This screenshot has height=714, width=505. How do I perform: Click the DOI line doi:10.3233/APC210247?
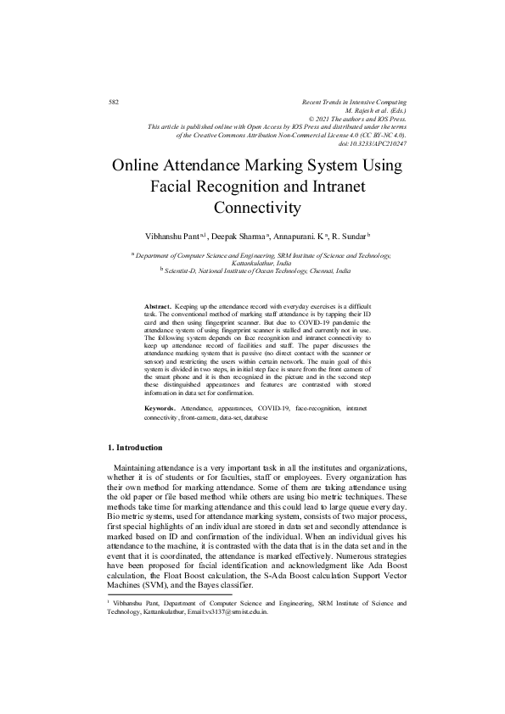pos(372,142)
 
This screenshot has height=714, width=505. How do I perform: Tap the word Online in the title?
pos(138,166)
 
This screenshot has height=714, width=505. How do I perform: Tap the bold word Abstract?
pos(158,304)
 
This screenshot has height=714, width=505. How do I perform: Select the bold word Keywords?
pos(160,409)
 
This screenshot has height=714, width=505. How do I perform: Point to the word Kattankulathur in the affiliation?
pos(252,263)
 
